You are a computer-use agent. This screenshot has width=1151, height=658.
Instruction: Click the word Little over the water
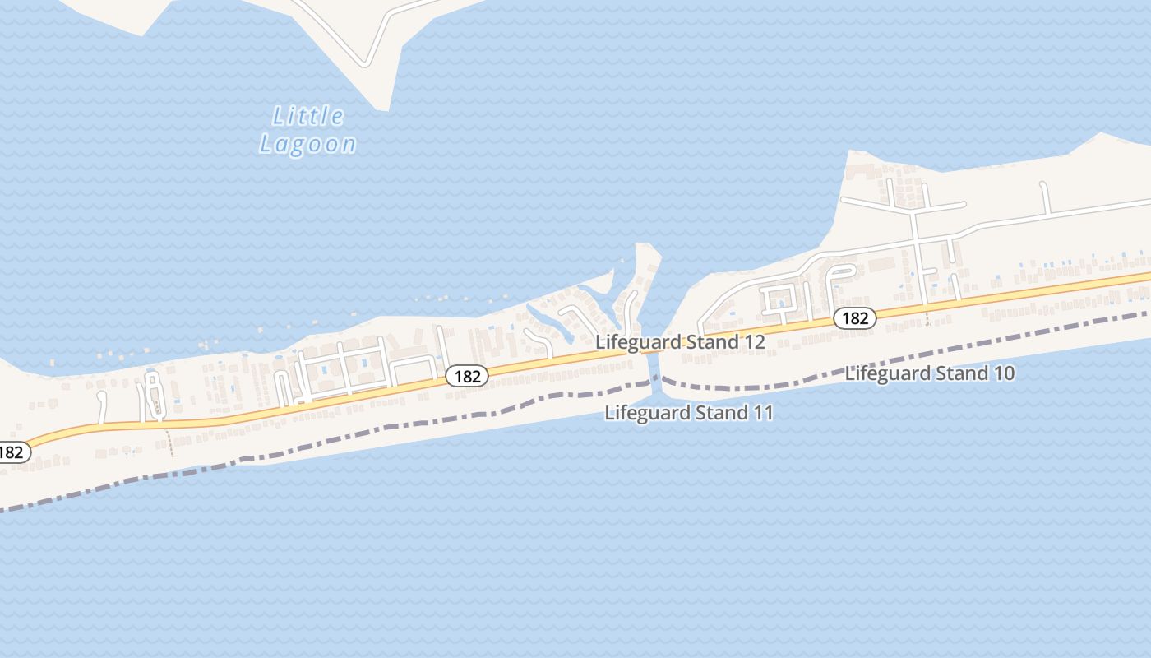[x=308, y=115]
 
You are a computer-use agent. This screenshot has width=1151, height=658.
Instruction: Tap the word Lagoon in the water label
[x=308, y=144]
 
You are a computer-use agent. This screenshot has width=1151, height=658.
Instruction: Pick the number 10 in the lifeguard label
[x=1003, y=373]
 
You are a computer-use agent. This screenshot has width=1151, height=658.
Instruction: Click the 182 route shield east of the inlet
[x=855, y=317]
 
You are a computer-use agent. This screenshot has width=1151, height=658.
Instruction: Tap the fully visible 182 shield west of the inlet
[x=467, y=376]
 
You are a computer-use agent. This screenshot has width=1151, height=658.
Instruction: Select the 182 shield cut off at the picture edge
[x=12, y=452]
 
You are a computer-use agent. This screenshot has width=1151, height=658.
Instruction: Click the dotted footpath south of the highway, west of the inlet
[x=170, y=441]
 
